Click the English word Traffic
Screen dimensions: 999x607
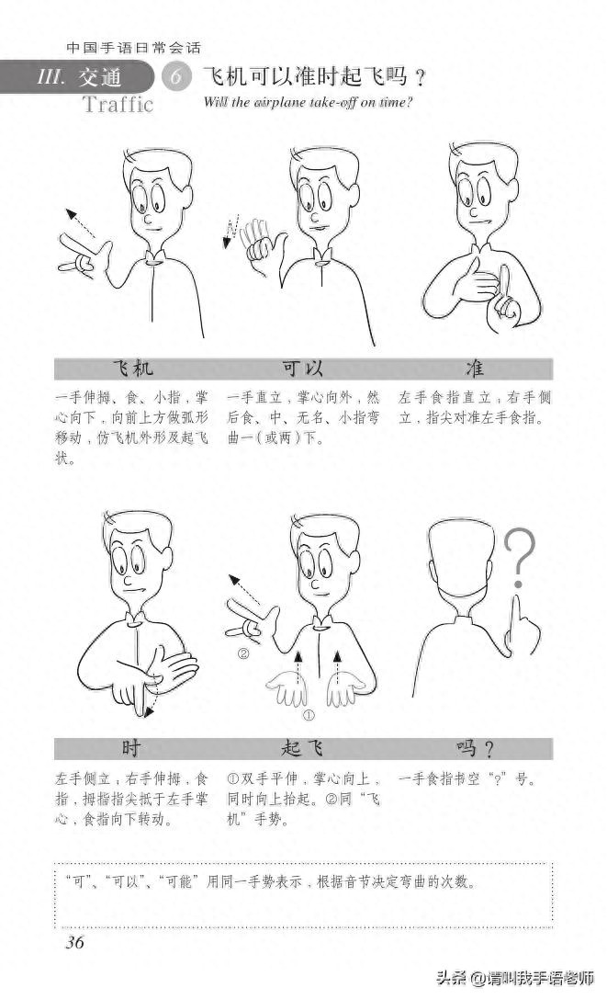point(118,103)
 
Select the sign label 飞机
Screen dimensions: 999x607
point(133,369)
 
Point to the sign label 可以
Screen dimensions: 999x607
point(303,369)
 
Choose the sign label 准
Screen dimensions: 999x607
point(475,369)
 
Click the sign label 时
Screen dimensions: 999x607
point(131,746)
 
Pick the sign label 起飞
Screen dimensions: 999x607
point(303,746)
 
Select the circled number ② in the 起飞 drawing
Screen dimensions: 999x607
point(243,654)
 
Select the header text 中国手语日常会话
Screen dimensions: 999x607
point(134,47)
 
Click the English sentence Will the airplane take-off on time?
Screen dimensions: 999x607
point(309,102)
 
